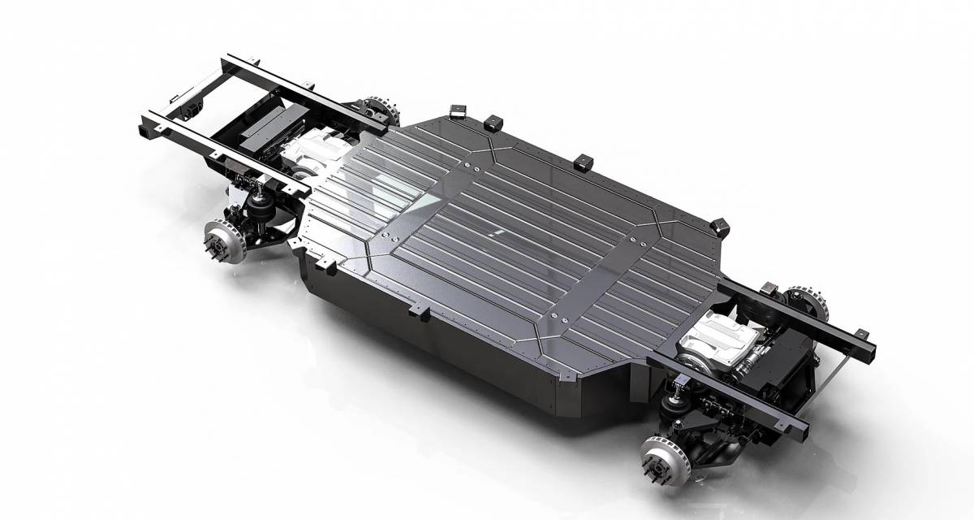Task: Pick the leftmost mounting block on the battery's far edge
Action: (453, 109)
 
